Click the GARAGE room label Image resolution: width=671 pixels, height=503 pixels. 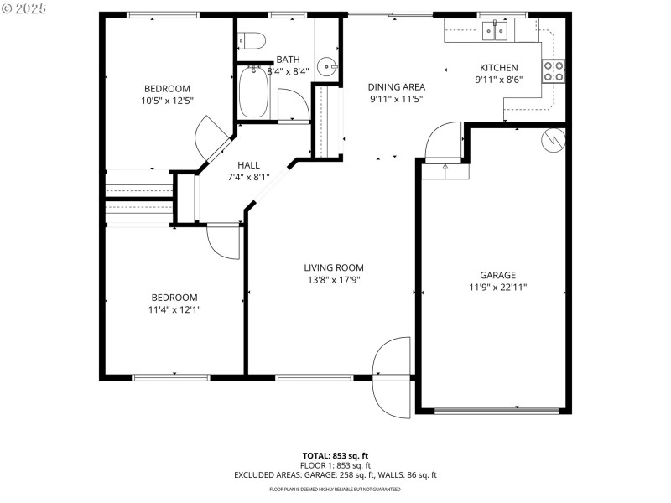tap(497, 275)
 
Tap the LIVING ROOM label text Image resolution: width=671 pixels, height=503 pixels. tap(334, 268)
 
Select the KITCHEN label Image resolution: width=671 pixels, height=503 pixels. tap(498, 68)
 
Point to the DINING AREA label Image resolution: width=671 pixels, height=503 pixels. tap(397, 86)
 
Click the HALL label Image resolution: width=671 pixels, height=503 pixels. tap(248, 165)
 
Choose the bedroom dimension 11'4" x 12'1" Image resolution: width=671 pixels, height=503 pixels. tap(174, 309)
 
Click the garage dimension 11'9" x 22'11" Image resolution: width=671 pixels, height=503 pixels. tap(497, 287)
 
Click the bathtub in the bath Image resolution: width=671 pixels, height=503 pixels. tap(252, 93)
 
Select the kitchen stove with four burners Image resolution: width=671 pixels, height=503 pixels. tap(553, 71)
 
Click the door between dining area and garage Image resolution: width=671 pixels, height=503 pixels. tap(444, 143)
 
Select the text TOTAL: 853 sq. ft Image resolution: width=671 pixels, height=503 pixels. tap(335, 455)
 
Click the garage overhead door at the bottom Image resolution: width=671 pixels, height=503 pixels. tap(497, 411)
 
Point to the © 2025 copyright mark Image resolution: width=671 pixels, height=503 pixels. tap(25, 8)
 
